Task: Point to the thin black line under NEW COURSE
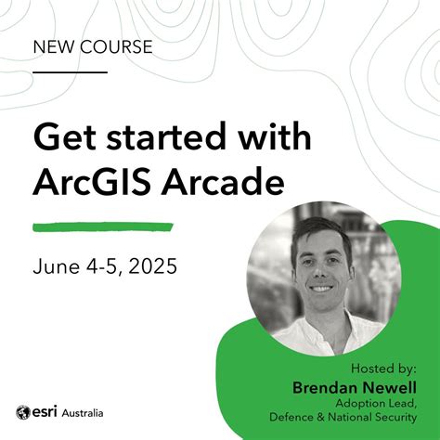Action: (x=70, y=71)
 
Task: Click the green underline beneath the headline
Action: (x=102, y=226)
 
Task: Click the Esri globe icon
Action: (x=23, y=412)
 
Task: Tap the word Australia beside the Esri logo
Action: (x=84, y=412)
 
